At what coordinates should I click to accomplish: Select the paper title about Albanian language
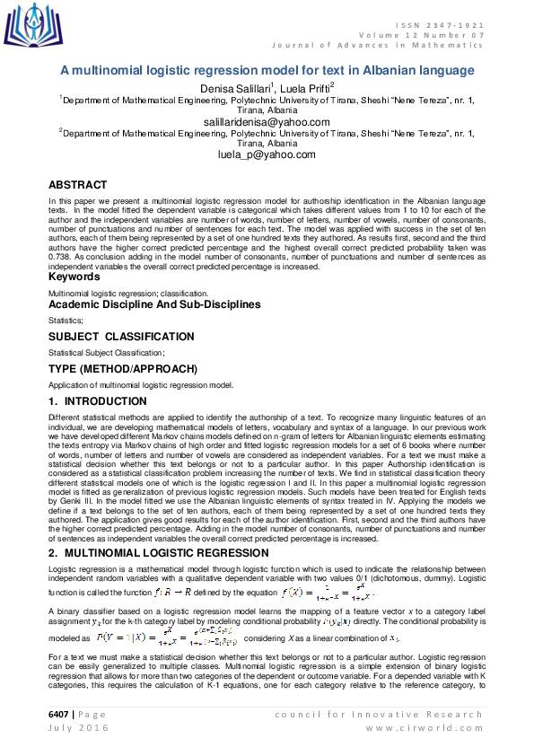pyautogui.click(x=267, y=70)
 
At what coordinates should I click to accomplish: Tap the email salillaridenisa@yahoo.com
pyautogui.click(x=267, y=121)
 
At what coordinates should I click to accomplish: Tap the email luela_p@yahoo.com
pyautogui.click(x=267, y=154)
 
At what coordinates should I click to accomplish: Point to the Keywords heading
pyautogui.click(x=74, y=277)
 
